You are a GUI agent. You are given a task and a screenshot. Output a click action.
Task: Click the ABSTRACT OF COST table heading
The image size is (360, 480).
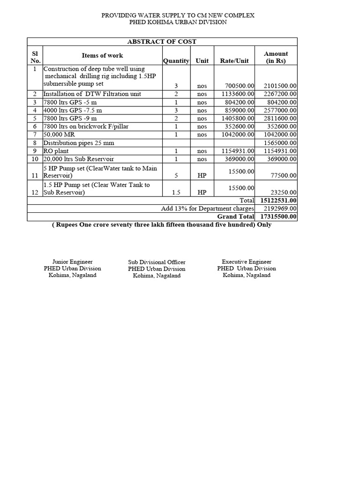[162, 42]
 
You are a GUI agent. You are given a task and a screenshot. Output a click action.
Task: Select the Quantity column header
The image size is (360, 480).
[176, 61]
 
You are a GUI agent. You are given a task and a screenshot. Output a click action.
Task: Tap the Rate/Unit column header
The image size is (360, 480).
[234, 61]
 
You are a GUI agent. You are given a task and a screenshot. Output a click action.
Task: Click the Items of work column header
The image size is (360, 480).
[102, 56]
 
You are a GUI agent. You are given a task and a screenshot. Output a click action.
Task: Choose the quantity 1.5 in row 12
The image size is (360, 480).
[176, 192]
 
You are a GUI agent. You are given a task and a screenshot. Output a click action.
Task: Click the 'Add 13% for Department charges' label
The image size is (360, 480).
[207, 209]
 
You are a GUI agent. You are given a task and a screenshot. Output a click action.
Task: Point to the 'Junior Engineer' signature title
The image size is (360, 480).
[72, 262]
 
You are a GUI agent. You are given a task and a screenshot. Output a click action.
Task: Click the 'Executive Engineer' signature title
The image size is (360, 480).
[247, 262]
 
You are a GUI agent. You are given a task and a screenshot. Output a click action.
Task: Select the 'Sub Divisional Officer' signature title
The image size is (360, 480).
[157, 262]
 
